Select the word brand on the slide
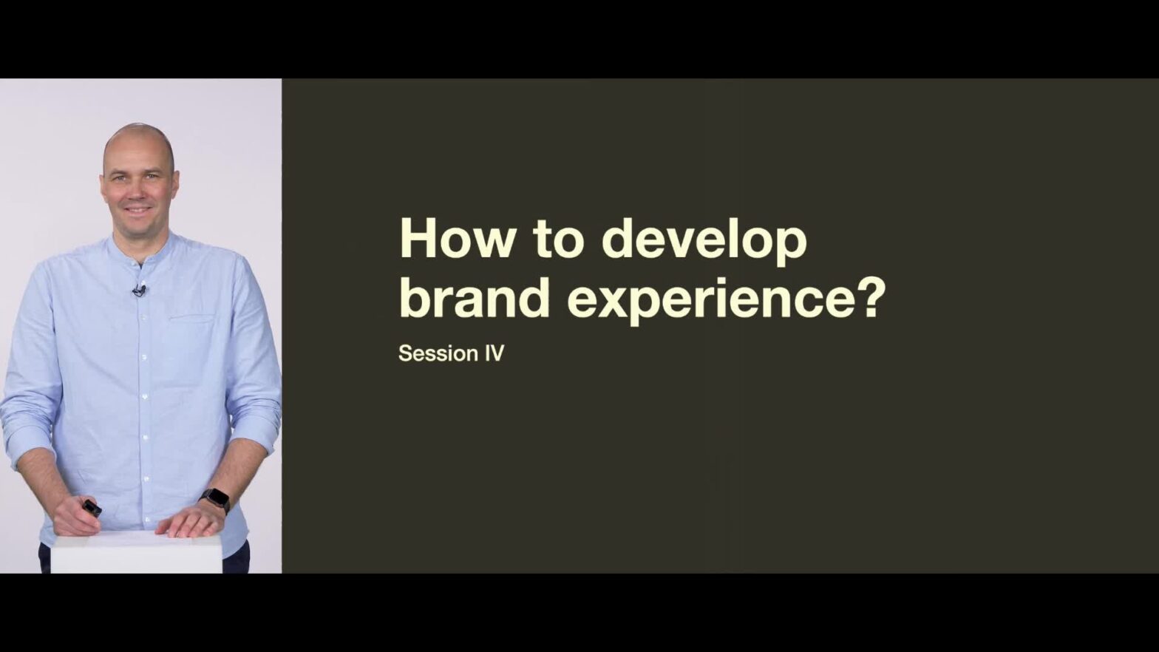tap(475, 297)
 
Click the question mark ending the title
tap(866, 298)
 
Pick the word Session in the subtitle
tap(438, 353)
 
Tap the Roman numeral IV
tap(494, 353)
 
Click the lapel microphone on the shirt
tap(139, 291)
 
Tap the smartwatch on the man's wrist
tap(215, 500)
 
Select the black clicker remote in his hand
tap(92, 508)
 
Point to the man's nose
tap(137, 191)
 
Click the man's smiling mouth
tap(138, 211)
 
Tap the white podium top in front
tap(137, 553)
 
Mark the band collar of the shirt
tap(140, 248)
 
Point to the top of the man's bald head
tap(139, 126)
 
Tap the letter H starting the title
tap(418, 239)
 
